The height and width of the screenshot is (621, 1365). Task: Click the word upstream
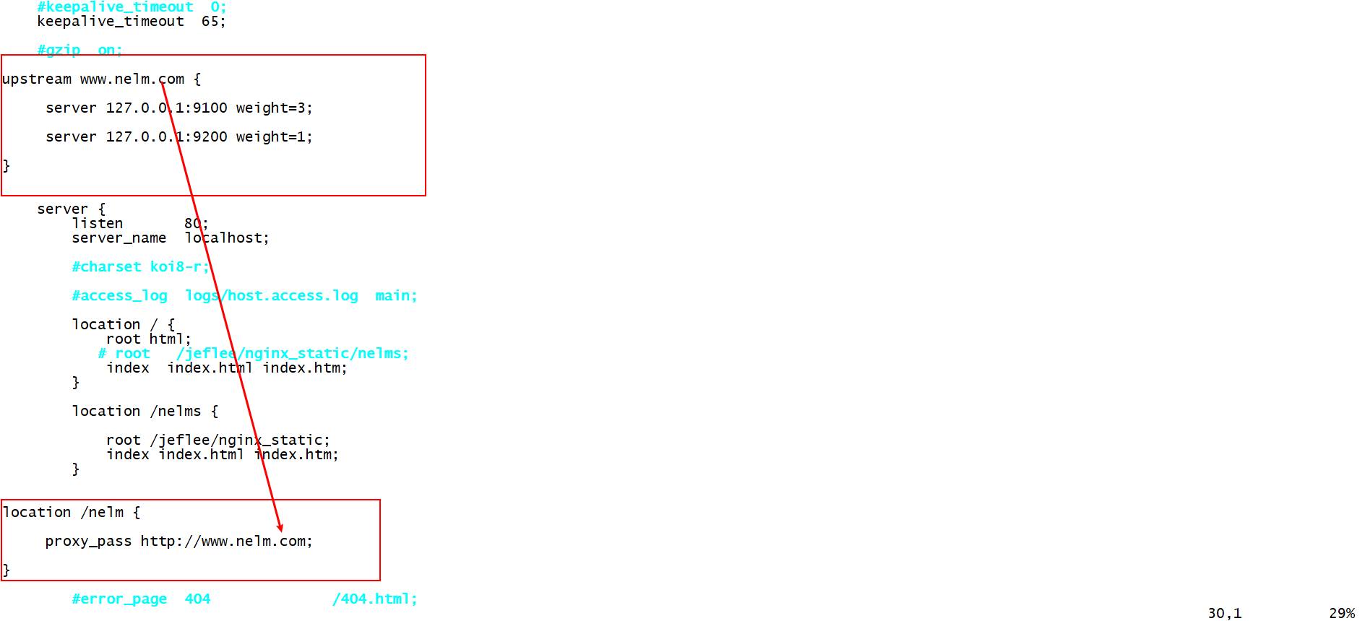coord(37,79)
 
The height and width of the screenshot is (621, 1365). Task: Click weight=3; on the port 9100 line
coord(274,108)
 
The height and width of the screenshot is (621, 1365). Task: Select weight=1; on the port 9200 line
coord(274,137)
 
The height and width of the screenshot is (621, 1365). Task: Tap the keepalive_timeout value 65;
coord(213,22)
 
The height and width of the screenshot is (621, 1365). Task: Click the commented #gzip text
coord(59,51)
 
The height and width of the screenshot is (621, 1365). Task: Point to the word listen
coord(98,224)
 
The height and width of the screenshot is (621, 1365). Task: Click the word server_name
coord(119,238)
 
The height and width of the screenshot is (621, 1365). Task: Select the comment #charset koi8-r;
coord(140,267)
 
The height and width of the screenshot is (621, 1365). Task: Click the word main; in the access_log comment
coord(396,296)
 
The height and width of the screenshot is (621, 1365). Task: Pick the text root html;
coord(149,339)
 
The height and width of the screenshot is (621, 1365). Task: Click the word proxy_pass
coord(88,542)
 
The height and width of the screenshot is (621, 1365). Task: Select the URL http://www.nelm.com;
coord(226,542)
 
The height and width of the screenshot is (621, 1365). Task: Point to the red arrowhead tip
coord(280,531)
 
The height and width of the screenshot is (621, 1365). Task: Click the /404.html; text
coord(374,599)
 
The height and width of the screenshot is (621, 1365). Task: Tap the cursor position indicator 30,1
coord(1224,614)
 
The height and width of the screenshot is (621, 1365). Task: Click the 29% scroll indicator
coord(1342,614)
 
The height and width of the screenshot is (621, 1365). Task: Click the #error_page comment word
coord(119,599)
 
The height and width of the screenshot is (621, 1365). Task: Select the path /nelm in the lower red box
coord(102,513)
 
